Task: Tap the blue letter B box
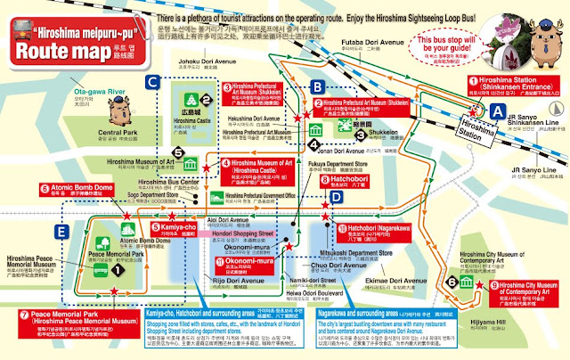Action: pos(317,86)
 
